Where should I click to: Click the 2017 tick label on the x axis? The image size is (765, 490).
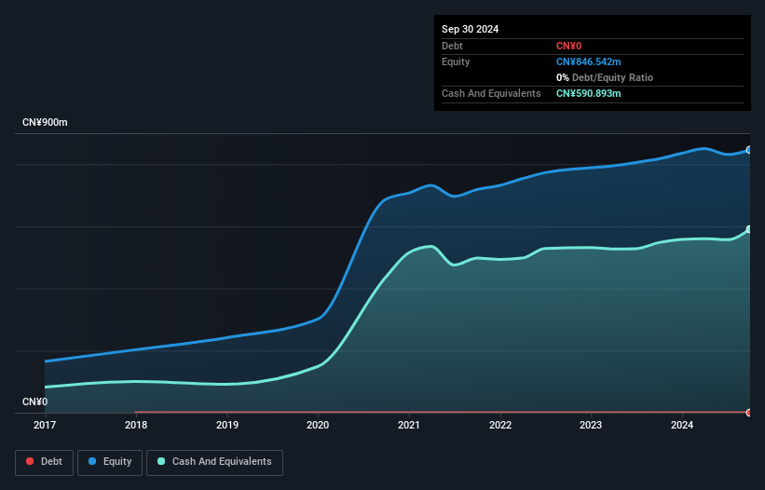[x=45, y=426]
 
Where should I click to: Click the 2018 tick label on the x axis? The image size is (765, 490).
[x=136, y=426]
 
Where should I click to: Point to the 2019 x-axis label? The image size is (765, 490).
[x=226, y=426]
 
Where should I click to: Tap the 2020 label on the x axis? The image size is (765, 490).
[x=318, y=426]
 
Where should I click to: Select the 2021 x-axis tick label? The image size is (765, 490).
[x=409, y=426]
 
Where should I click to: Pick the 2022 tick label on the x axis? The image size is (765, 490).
[x=500, y=426]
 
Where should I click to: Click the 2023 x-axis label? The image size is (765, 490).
[x=591, y=426]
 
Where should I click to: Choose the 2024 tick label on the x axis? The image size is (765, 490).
[x=682, y=426]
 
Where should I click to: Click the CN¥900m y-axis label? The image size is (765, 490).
[x=45, y=123]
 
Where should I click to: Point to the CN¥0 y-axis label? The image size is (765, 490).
[x=34, y=402]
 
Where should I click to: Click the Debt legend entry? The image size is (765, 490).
[x=45, y=461]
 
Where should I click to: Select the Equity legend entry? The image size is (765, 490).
[x=110, y=461]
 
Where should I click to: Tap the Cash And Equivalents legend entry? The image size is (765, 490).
[x=214, y=461]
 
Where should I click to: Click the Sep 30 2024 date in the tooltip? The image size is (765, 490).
[x=470, y=29]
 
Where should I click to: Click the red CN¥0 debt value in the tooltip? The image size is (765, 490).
[x=570, y=46]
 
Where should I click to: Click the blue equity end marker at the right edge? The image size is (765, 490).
[x=748, y=150]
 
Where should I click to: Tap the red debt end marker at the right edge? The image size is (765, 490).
[x=748, y=412]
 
